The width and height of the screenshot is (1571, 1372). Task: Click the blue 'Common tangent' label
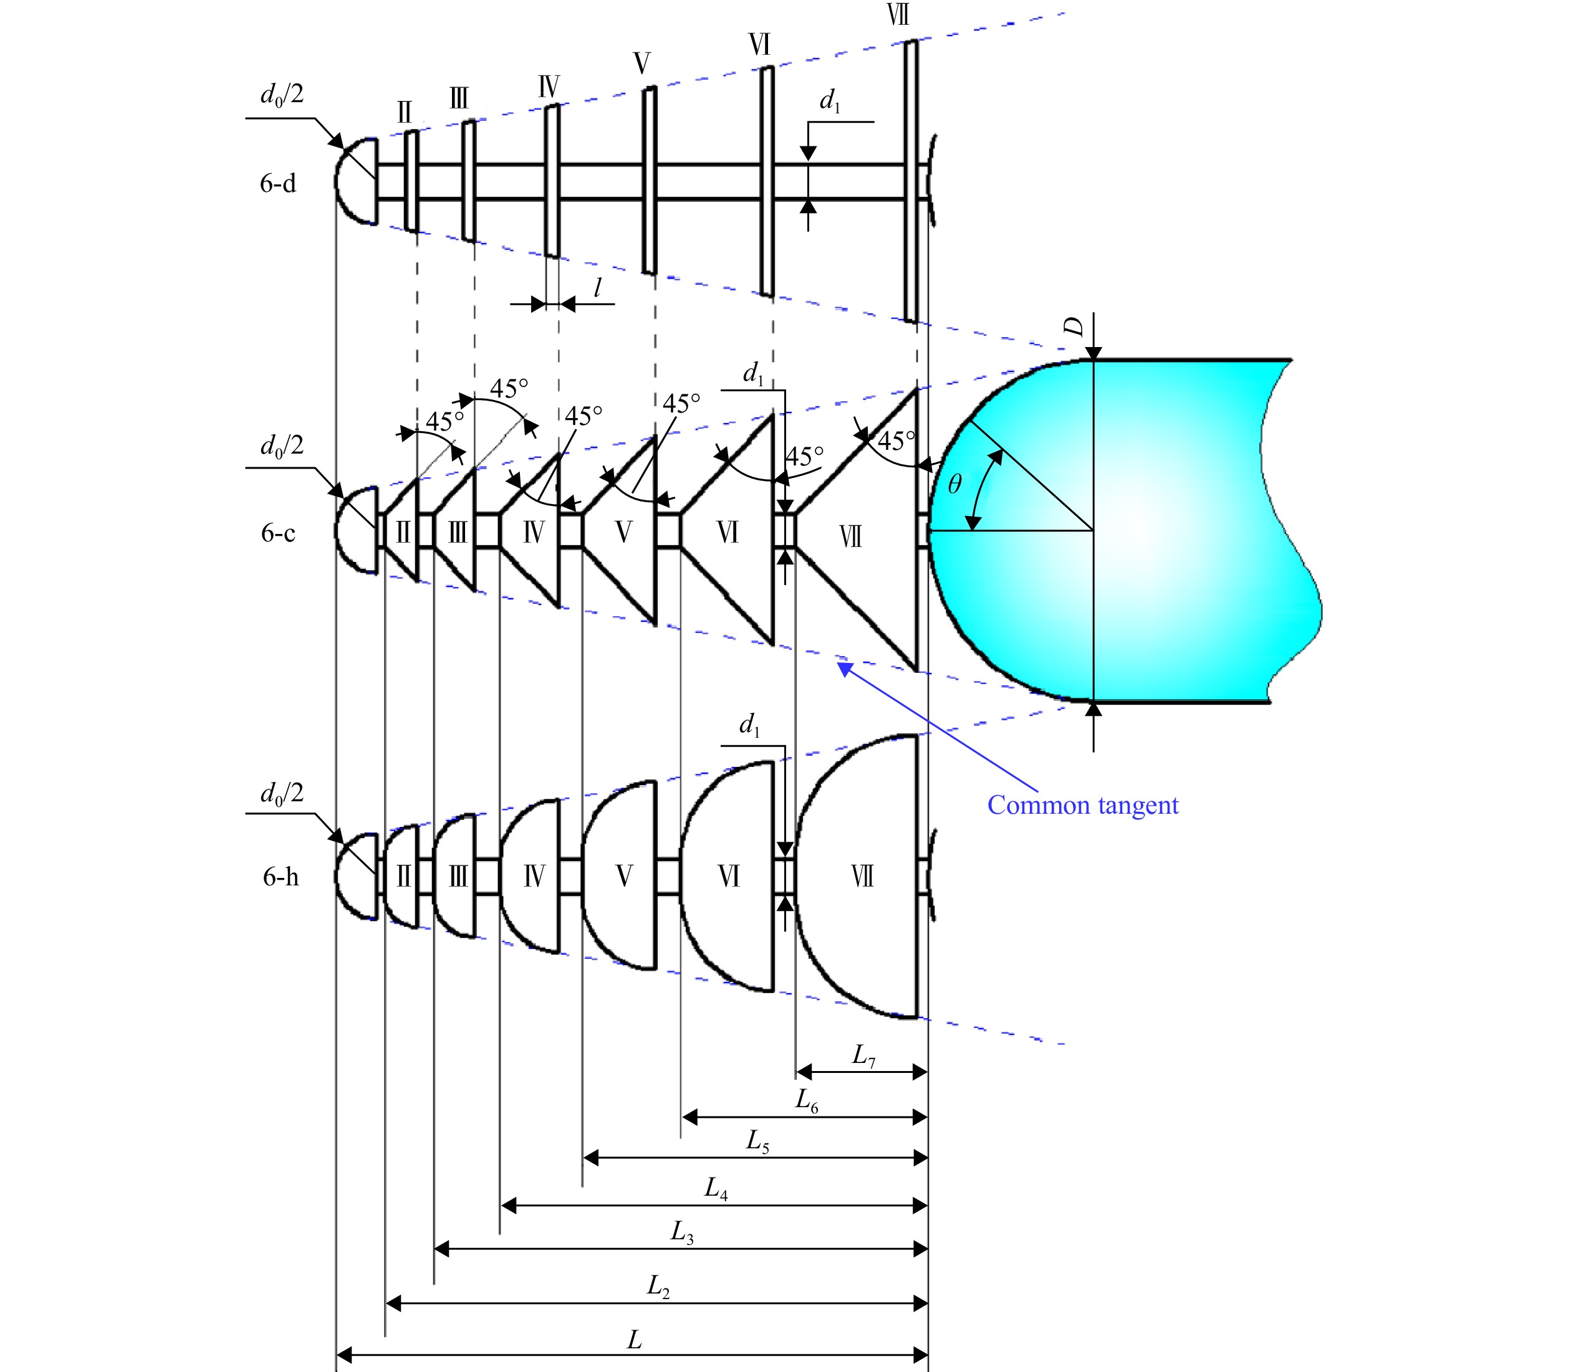pyautogui.click(x=1082, y=806)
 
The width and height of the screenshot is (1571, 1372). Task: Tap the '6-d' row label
pyautogui.click(x=277, y=184)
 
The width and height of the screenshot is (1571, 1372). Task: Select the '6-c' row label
pyautogui.click(x=277, y=533)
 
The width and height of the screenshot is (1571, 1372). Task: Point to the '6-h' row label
pyautogui.click(x=281, y=877)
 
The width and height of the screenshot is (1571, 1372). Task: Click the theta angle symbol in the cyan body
pyautogui.click(x=954, y=484)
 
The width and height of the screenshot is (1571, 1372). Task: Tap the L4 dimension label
pyautogui.click(x=716, y=1189)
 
